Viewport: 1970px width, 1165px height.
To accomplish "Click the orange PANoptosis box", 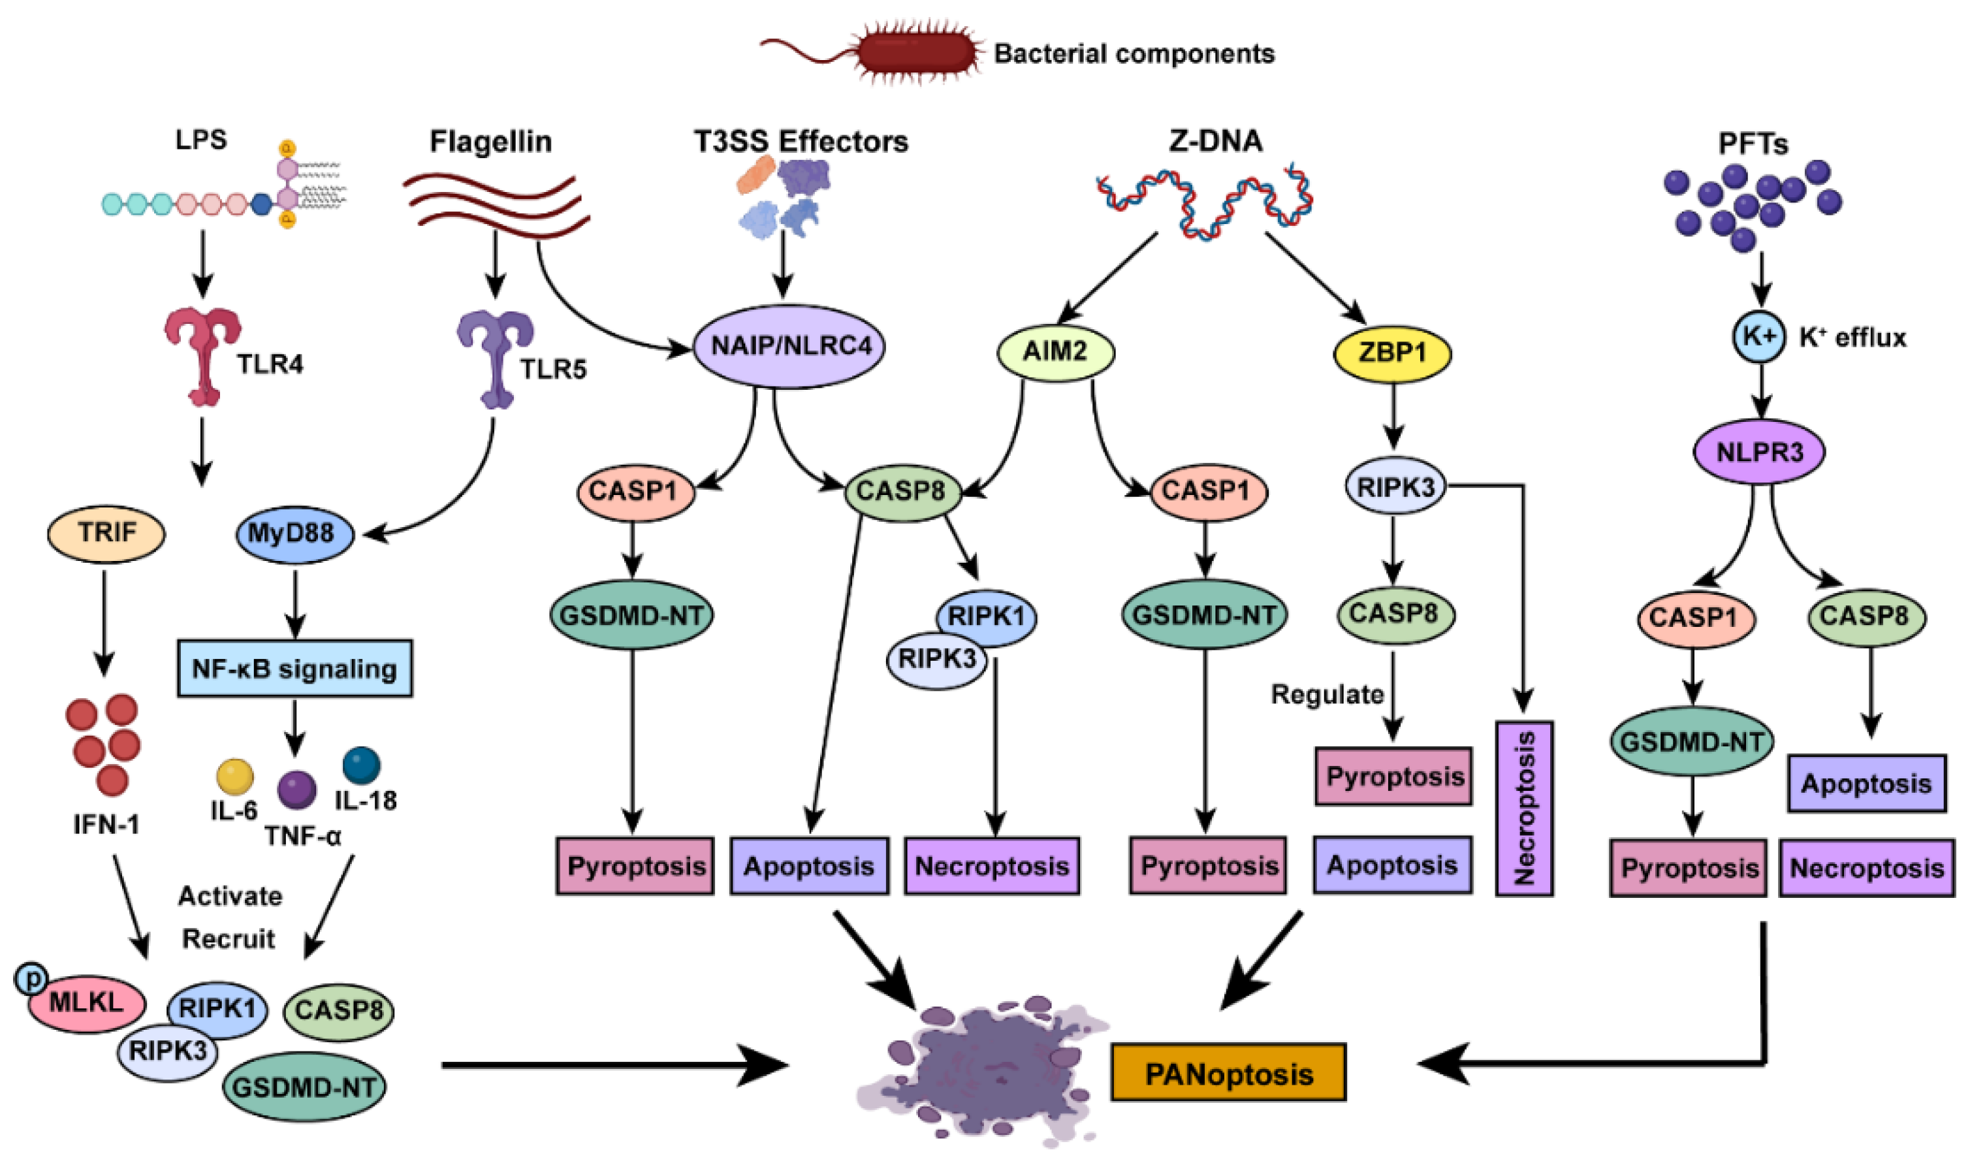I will (x=1228, y=1072).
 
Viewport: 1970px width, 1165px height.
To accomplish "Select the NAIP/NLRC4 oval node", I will (x=789, y=346).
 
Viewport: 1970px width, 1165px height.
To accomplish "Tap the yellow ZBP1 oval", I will (x=1392, y=353).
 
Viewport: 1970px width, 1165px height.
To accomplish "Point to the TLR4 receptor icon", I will (x=202, y=353).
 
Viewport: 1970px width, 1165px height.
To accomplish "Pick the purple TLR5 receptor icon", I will (x=495, y=357).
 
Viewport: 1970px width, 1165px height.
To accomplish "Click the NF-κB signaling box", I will (x=294, y=669).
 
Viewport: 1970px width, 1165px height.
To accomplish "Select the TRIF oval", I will (x=106, y=533).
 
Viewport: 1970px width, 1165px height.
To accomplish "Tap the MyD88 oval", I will (x=294, y=534).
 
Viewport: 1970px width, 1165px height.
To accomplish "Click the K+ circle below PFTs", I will (x=1760, y=337).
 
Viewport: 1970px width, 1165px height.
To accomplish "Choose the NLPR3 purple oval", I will (x=1759, y=452).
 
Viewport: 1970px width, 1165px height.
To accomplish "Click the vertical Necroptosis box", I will (x=1523, y=808).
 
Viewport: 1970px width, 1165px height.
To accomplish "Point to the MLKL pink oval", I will (x=86, y=1002).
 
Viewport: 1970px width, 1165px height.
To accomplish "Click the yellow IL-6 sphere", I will (x=234, y=777).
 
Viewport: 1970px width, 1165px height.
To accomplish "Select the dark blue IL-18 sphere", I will (x=362, y=765).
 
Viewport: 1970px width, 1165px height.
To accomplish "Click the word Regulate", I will (x=1326, y=694).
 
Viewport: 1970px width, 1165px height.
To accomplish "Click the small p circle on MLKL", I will (x=32, y=978).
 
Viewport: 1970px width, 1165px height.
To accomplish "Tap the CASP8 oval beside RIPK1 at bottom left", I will (x=338, y=1010).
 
